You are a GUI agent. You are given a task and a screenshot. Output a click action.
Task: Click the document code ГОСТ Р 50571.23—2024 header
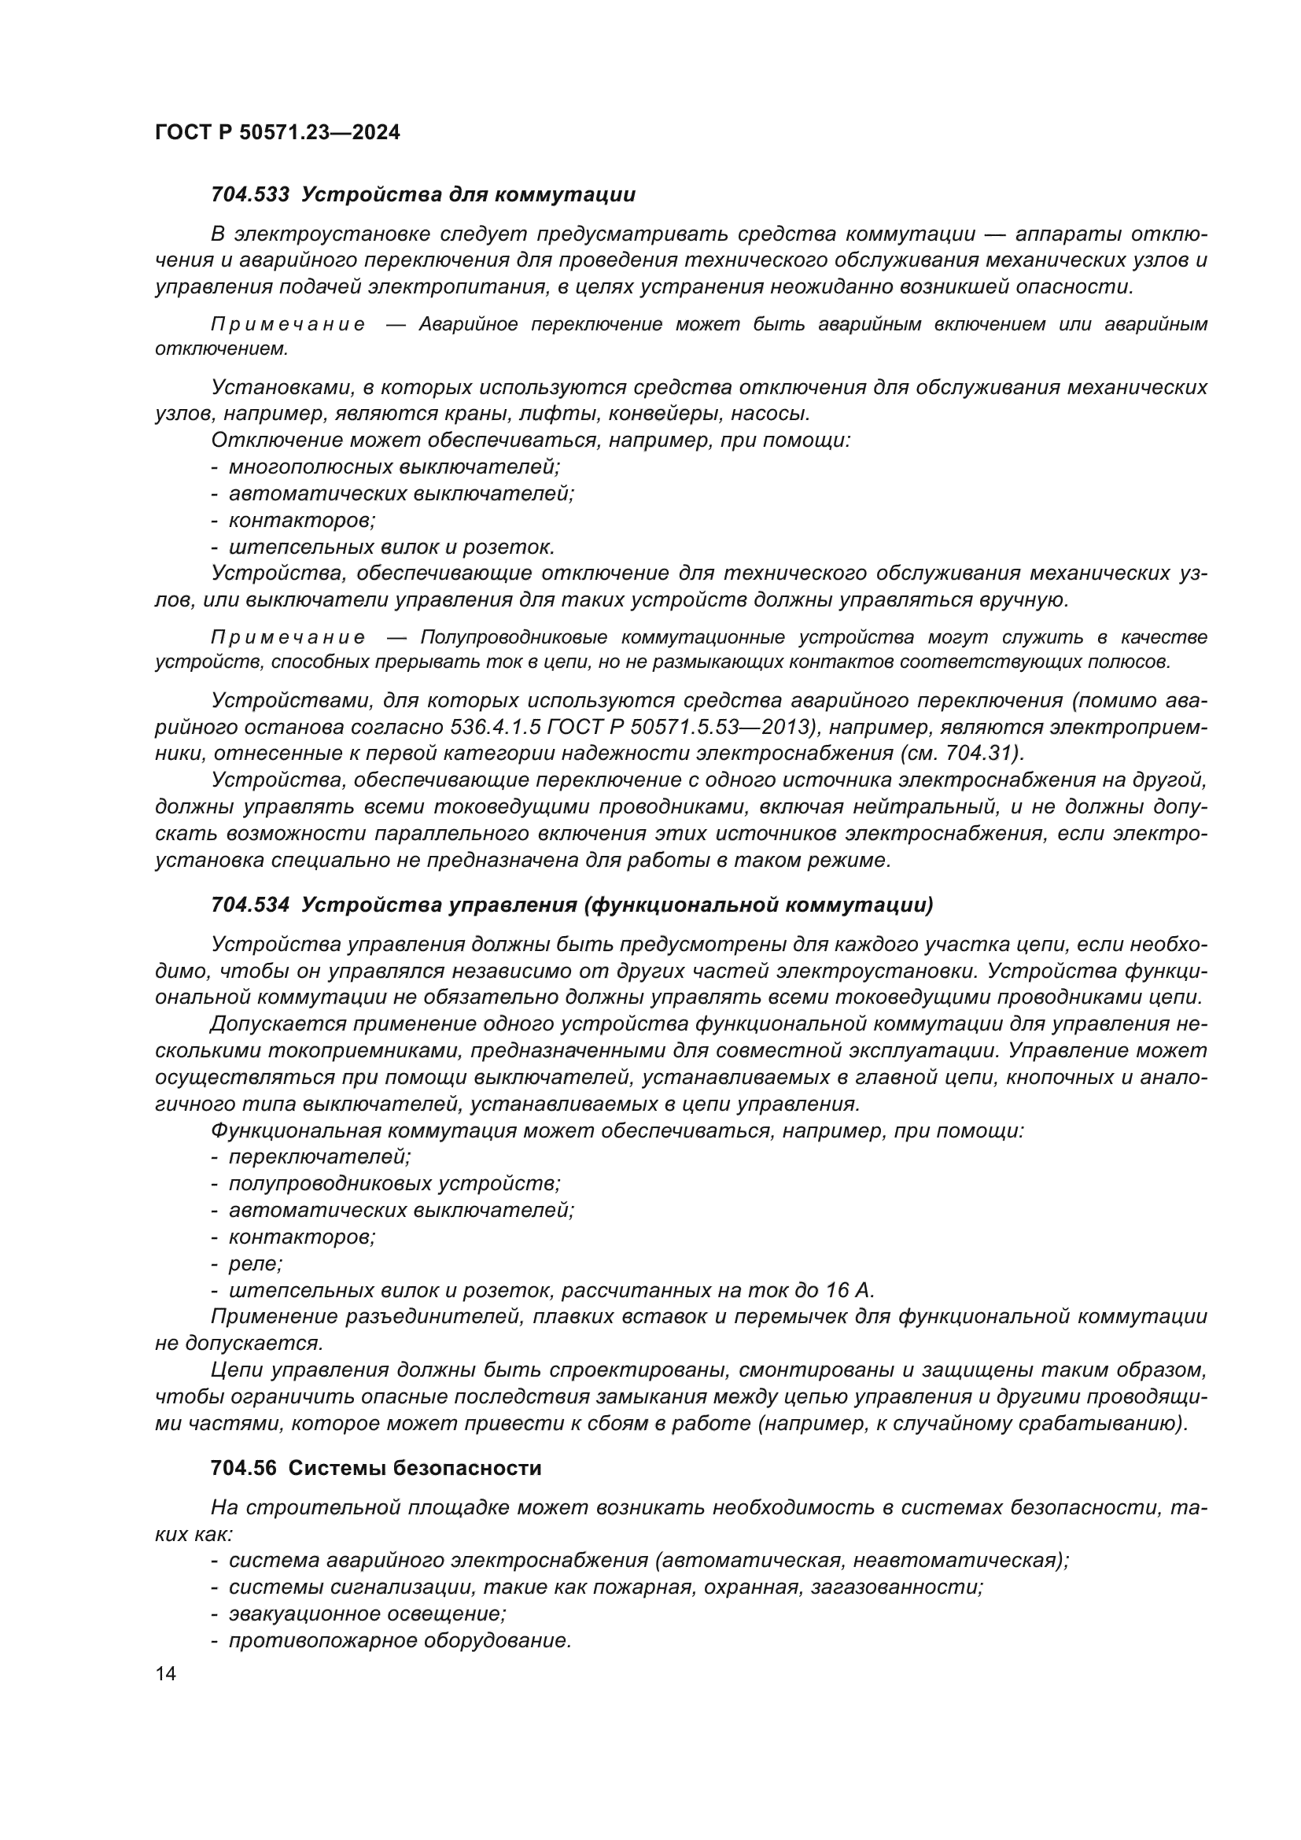click(x=277, y=133)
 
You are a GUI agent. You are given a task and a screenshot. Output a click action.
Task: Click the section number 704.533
click(x=250, y=195)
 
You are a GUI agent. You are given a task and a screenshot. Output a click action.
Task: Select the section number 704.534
click(x=250, y=905)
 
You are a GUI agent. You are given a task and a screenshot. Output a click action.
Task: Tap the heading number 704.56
click(x=244, y=1468)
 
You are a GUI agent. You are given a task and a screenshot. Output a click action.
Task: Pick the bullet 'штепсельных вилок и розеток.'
click(x=392, y=548)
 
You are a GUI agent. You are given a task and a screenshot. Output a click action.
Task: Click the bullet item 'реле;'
click(x=256, y=1264)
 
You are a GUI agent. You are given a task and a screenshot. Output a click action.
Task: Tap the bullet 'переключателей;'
click(x=319, y=1156)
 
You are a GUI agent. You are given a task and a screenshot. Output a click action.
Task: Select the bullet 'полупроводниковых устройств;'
click(x=395, y=1184)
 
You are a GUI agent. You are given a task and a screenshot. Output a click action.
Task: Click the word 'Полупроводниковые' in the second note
click(x=514, y=638)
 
